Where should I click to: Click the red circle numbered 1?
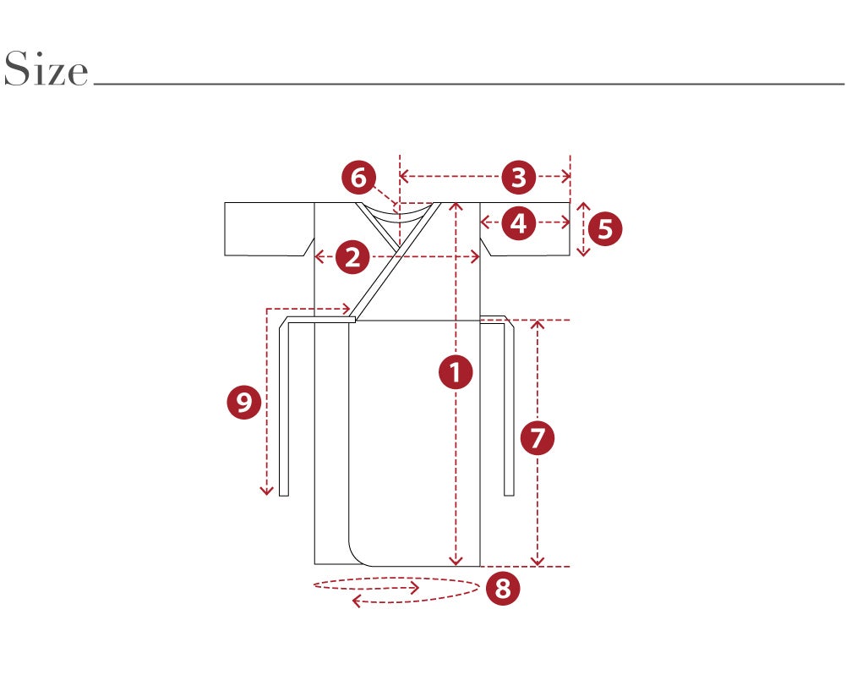coord(456,372)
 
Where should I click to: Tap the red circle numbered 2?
coord(352,257)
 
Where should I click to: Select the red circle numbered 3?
coord(518,177)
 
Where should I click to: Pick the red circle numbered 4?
coord(518,222)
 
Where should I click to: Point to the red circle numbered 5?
coord(605,228)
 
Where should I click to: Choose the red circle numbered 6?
coord(359,177)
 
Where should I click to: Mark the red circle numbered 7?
coord(538,437)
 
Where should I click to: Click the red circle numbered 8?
coord(503,588)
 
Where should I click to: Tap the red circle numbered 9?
coord(244,402)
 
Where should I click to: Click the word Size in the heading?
coord(46,69)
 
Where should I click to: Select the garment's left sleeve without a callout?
coord(270,229)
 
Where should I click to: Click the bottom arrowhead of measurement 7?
coord(538,562)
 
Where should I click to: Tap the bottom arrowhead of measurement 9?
coord(266,491)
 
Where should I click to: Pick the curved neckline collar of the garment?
coord(398,213)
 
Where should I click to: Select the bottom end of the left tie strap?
coord(284,495)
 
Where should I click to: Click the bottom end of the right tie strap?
coord(509,495)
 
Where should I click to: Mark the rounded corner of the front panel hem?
coord(358,557)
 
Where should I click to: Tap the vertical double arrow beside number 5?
coord(583,229)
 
